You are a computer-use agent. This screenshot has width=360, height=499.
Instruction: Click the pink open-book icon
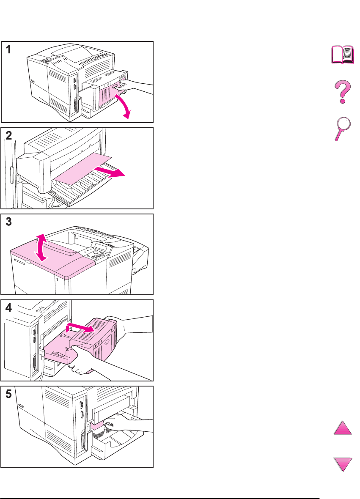tap(343, 55)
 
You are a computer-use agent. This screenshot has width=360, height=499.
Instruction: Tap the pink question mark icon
tap(343, 92)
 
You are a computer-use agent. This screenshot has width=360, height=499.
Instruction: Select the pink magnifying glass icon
tap(343, 129)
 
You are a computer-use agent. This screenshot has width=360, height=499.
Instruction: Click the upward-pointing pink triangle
tap(343, 428)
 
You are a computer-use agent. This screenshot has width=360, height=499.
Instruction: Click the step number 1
tap(8, 49)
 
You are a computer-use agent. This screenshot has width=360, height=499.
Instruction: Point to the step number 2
tap(8, 136)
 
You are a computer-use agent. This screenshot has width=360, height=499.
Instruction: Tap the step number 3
tap(8, 222)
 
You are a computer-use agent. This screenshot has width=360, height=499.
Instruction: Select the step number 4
tap(8, 308)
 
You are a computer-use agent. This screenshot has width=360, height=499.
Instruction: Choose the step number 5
tap(8, 394)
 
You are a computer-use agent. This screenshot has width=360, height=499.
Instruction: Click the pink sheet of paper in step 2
tap(83, 168)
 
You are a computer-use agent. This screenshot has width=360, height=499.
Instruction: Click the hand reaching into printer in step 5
tap(127, 424)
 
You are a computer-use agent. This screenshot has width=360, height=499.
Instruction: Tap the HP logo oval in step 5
tap(21, 406)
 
